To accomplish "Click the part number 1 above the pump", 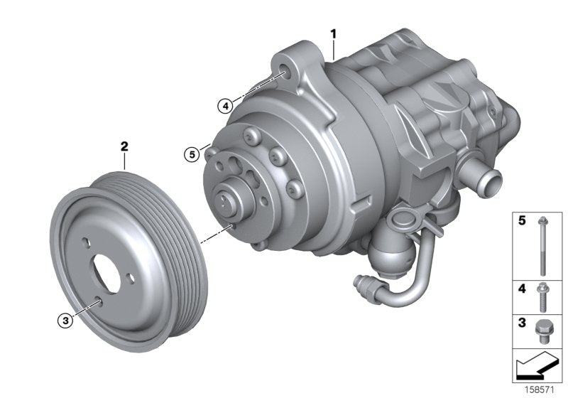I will (x=332, y=33).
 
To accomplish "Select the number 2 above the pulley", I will (x=124, y=147).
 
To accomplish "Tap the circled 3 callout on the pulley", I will (x=65, y=321).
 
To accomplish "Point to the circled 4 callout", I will (x=225, y=106).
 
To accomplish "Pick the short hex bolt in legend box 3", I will (x=542, y=329).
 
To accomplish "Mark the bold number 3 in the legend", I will (x=522, y=323).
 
